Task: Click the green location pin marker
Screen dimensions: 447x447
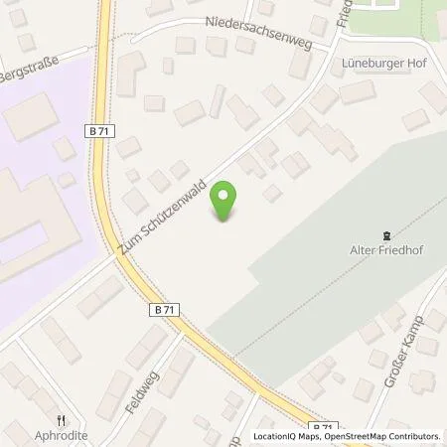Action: coord(226,203)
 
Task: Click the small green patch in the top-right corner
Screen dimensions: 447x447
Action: coord(417,12)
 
